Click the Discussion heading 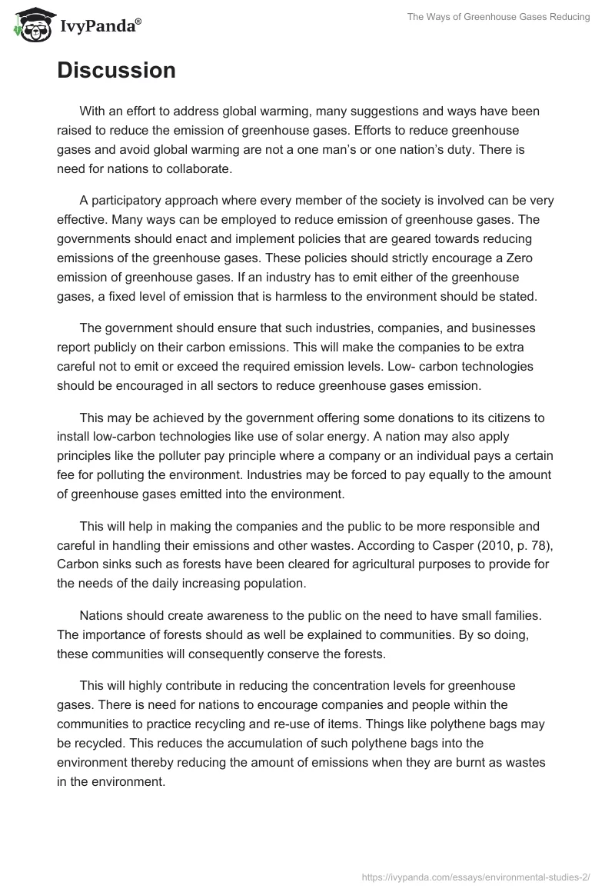point(116,70)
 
